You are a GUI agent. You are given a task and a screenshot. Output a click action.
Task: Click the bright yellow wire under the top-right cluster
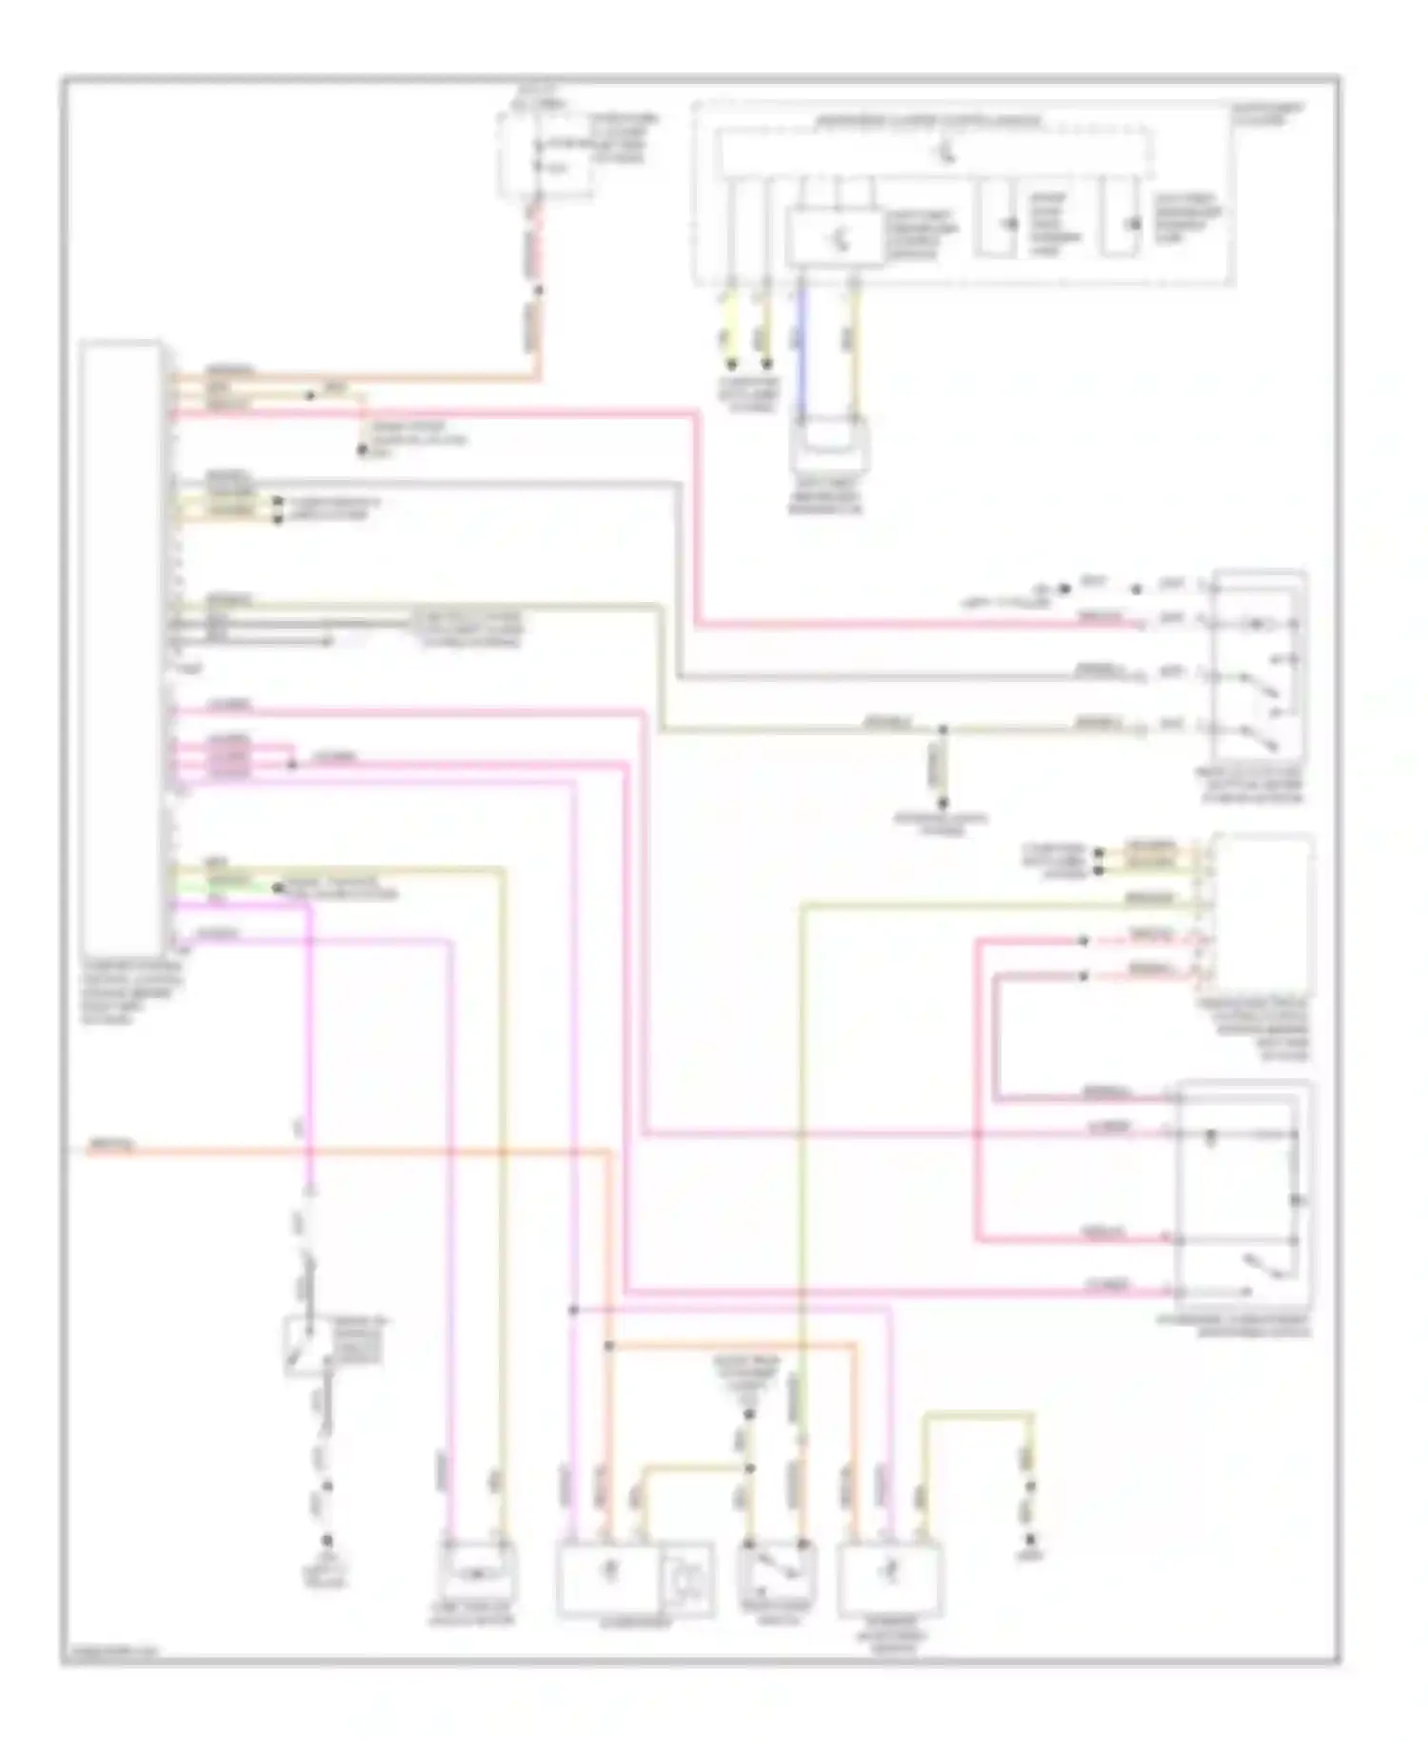[x=730, y=324]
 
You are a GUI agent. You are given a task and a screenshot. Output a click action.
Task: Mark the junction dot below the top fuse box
[x=538, y=290]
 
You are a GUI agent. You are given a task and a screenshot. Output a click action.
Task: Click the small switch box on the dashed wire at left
[x=307, y=1346]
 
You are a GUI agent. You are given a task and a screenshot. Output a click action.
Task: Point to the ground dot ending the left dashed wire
[x=326, y=1541]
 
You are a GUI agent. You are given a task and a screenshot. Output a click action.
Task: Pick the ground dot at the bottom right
[x=1029, y=1541]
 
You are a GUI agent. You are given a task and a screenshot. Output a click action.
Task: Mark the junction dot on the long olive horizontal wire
[x=942, y=730]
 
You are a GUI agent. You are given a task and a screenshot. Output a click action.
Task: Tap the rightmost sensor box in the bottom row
[x=890, y=1580]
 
